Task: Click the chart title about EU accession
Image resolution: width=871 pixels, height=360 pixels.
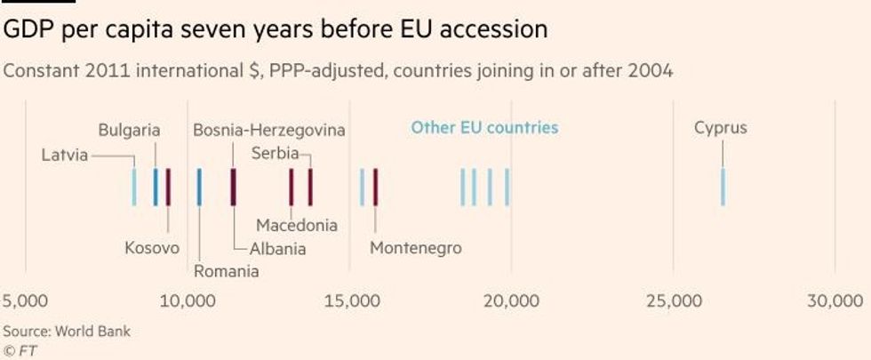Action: (x=275, y=30)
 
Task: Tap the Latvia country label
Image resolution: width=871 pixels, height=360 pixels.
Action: (x=65, y=156)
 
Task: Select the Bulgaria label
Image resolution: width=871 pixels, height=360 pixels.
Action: (x=129, y=130)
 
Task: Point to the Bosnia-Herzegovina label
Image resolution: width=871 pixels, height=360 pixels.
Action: (x=268, y=130)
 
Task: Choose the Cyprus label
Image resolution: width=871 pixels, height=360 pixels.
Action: (x=720, y=128)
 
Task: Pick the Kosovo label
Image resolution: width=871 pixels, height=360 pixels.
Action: (x=152, y=248)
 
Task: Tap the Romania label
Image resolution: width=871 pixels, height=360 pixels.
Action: (x=227, y=271)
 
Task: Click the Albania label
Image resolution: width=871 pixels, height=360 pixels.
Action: (x=277, y=249)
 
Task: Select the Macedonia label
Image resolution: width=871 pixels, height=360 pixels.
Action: (x=297, y=225)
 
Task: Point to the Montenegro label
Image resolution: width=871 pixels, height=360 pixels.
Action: (x=416, y=248)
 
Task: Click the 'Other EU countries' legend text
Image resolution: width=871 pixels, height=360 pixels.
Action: (x=484, y=128)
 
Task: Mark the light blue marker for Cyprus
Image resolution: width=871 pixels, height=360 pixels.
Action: (x=723, y=187)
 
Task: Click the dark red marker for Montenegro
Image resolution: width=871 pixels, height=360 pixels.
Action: (x=375, y=187)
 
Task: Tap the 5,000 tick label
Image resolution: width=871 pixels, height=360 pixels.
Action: (x=26, y=301)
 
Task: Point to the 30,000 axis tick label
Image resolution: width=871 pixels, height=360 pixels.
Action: (x=835, y=301)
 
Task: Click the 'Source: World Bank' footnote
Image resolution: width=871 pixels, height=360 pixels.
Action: (x=67, y=332)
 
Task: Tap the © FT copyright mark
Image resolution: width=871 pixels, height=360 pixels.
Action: (x=20, y=350)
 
